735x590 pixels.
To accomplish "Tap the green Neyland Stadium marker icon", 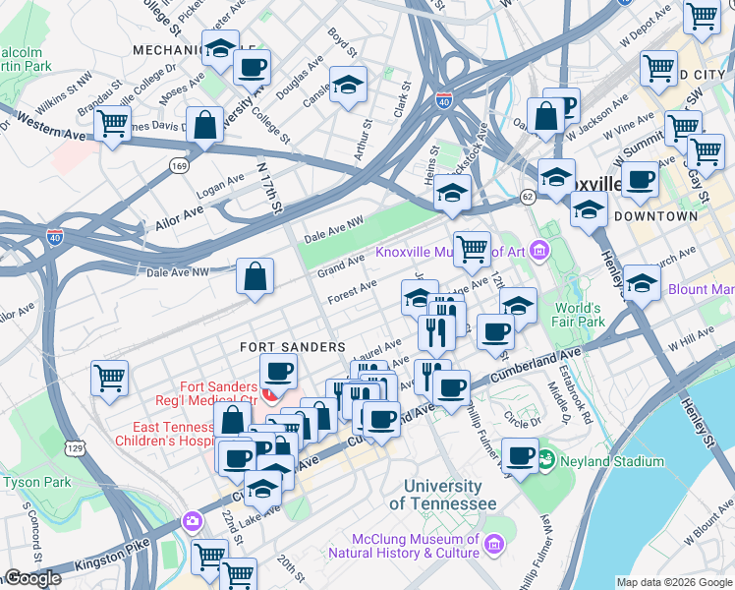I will pyautogui.click(x=545, y=459).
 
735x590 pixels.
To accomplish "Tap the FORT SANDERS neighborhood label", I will pyautogui.click(x=293, y=347).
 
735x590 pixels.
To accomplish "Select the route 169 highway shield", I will pyautogui.click(x=178, y=166).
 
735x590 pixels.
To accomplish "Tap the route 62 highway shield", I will pyautogui.click(x=528, y=197).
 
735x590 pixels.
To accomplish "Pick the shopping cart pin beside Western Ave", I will pyautogui.click(x=113, y=123).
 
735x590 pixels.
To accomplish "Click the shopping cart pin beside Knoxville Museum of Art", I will pyautogui.click(x=472, y=248).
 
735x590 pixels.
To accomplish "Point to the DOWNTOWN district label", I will pyautogui.click(x=655, y=215).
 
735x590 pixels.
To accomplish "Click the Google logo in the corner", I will pyautogui.click(x=32, y=578).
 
